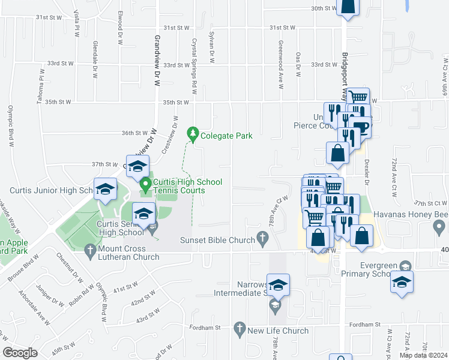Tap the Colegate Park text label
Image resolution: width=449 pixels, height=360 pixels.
click(226, 136)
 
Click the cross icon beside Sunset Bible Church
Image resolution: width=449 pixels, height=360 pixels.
click(262, 240)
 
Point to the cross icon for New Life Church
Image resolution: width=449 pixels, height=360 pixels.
click(240, 330)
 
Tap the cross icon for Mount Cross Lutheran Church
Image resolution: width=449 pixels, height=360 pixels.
click(89, 248)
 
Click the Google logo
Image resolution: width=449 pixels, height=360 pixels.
click(20, 353)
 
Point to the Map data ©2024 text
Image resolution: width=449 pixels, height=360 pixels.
click(423, 355)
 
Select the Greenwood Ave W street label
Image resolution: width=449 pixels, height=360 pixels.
click(280, 65)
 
